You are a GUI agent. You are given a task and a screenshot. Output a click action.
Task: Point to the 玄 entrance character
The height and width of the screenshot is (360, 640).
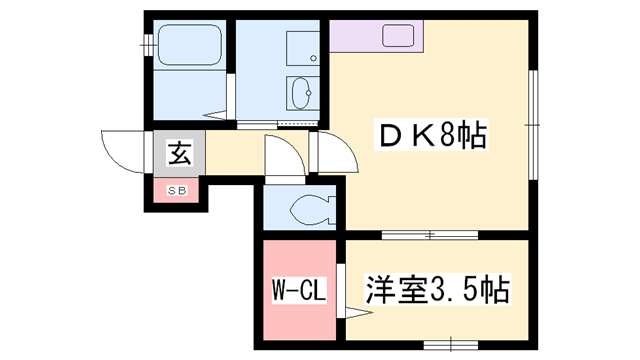178,154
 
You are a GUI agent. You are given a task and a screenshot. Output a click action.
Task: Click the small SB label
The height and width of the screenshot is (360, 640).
176,189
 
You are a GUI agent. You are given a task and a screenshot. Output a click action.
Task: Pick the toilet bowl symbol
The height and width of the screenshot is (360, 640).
308,210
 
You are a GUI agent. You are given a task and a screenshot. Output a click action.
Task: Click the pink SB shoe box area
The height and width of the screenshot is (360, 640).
176,190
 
